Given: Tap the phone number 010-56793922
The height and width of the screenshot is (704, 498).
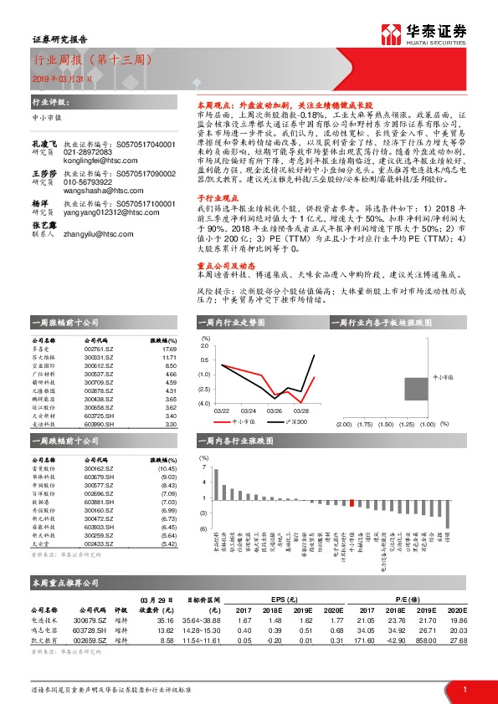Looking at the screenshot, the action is (x=89, y=206).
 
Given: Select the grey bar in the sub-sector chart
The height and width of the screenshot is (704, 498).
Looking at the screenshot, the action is (x=417, y=389).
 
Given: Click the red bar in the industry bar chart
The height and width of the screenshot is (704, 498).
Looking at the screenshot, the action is (x=352, y=502).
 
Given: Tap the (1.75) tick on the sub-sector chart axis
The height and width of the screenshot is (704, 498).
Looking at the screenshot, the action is (x=363, y=424).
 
